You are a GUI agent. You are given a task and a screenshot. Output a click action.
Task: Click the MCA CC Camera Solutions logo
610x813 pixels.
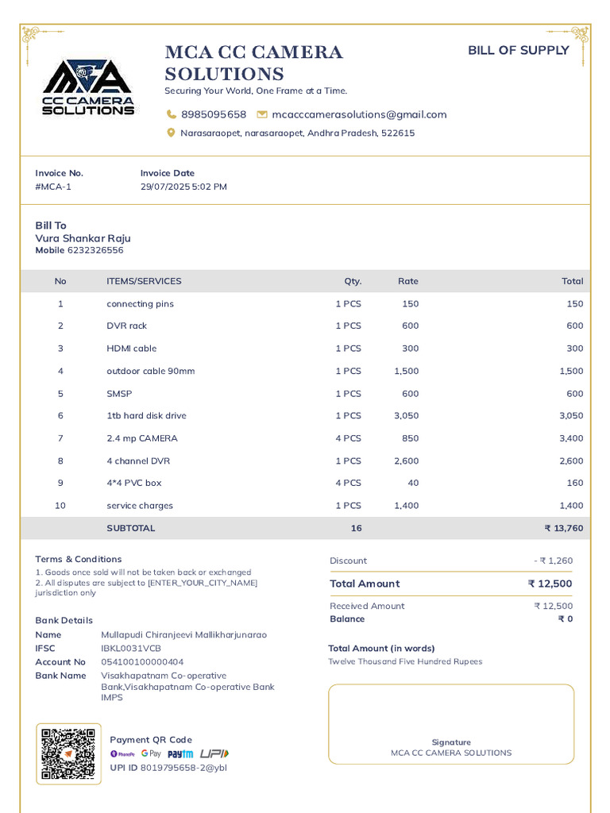87,87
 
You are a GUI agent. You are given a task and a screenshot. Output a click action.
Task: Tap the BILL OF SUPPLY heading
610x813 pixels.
518,51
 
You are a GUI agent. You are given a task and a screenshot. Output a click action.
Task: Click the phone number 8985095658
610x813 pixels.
214,114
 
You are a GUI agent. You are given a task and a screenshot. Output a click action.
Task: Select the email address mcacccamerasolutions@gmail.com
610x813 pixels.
359,114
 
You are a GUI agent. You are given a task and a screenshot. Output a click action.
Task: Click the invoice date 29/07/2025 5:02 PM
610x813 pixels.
183,187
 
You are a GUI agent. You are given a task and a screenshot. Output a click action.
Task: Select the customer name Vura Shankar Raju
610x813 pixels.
83,238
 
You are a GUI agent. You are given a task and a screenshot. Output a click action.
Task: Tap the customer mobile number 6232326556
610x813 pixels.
95,250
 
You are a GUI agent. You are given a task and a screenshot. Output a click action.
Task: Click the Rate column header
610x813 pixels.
407,281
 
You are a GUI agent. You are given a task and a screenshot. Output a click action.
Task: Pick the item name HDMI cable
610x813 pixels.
132,349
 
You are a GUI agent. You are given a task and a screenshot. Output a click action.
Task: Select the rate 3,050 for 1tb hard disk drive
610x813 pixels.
406,416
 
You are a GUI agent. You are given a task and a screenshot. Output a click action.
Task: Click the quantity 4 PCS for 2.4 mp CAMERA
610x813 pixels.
348,438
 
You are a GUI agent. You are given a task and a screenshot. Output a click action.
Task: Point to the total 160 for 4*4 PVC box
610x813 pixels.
574,483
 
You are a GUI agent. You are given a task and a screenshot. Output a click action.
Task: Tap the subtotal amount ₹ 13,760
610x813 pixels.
563,528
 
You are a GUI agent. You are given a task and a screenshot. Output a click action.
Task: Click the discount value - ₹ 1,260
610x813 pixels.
553,561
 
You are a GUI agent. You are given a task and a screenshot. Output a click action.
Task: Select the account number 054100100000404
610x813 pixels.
142,662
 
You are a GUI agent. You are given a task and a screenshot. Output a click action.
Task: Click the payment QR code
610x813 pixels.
68,753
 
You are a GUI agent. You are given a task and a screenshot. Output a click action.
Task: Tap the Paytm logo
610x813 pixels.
180,753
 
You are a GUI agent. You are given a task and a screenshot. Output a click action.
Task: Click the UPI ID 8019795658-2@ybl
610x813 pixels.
183,768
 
